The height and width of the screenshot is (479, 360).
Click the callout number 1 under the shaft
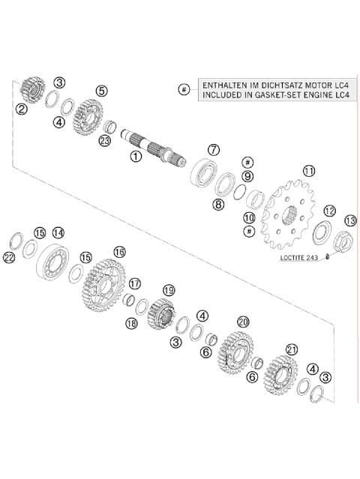[136, 156]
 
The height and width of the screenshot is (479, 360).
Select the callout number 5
[101, 90]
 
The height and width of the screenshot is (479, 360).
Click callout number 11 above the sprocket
[307, 171]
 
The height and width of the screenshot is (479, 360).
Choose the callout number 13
[349, 220]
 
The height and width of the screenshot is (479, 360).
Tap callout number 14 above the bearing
[58, 232]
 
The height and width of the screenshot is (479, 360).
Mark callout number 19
[169, 289]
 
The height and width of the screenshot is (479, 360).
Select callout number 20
[242, 321]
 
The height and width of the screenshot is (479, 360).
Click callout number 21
[292, 349]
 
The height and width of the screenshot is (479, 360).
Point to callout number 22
[9, 258]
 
